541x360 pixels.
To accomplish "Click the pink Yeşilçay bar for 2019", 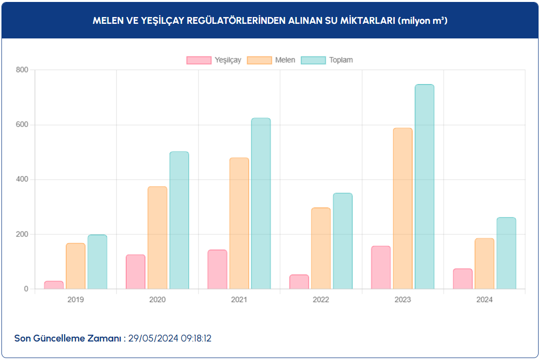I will click(53, 285).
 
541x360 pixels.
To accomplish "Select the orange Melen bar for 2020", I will click(157, 238).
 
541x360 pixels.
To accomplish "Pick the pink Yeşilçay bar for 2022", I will click(299, 282).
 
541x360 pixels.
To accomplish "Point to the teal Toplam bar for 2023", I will click(424, 187).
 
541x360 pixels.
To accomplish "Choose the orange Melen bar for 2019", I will click(75, 266).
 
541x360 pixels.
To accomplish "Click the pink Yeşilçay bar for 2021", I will click(217, 270).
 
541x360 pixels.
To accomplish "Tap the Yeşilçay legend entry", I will click(214, 60).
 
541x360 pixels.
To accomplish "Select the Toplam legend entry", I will click(327, 60).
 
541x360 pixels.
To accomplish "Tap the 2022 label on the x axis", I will click(321, 300).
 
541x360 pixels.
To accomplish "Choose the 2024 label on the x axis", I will click(484, 300).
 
